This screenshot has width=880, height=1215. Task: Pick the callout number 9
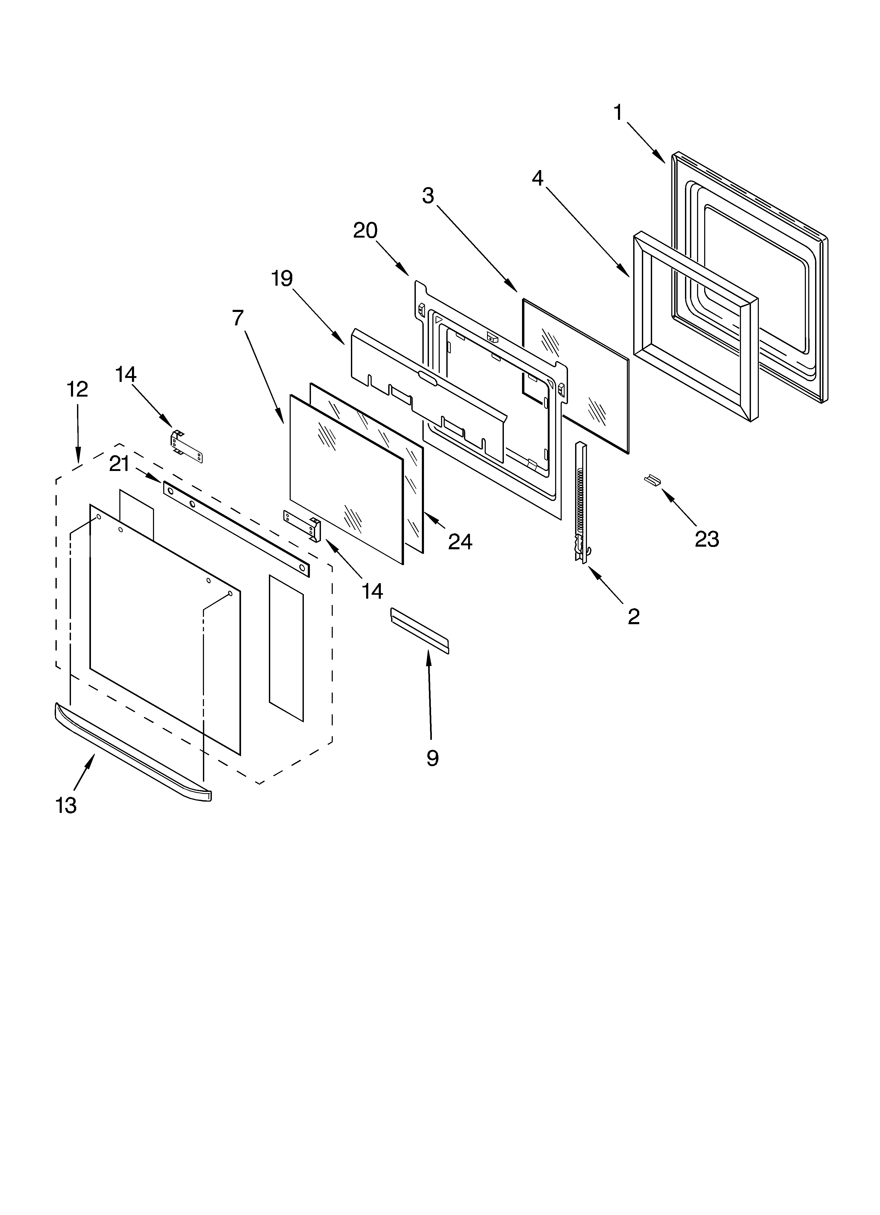432,758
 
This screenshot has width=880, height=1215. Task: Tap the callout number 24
460,542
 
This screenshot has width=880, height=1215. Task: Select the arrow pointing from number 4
587,231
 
